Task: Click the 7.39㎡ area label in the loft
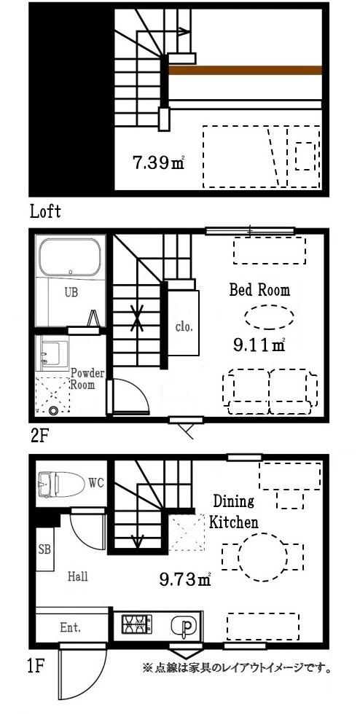tap(158, 162)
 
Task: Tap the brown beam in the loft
tap(245, 70)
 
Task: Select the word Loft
tap(46, 211)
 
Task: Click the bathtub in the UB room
tap(70, 258)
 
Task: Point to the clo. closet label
tap(185, 326)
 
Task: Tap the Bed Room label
tap(259, 290)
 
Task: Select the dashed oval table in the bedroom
tap(268, 316)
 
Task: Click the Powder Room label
tap(87, 379)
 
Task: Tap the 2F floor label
tap(39, 436)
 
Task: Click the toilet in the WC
tap(61, 483)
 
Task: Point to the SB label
tap(44, 548)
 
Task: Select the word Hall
tap(78, 576)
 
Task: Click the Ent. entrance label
tap(70, 627)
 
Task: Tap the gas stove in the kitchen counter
tap(136, 624)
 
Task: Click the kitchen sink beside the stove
tap(184, 624)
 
